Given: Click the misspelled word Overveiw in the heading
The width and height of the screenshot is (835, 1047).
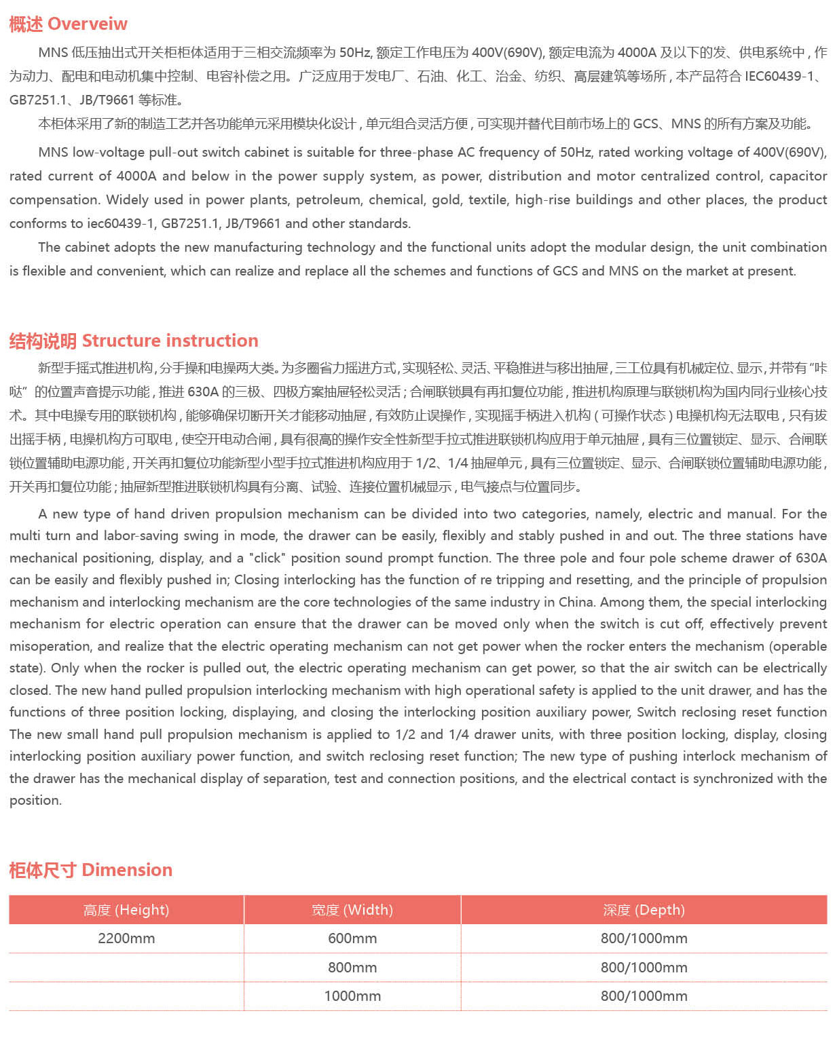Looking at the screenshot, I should pyautogui.click(x=88, y=24).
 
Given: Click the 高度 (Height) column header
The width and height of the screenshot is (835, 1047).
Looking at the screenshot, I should pyautogui.click(x=126, y=910).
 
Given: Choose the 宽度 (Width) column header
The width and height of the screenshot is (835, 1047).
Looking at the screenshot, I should pyautogui.click(x=352, y=910).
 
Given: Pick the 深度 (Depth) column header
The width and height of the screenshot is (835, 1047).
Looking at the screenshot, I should pyautogui.click(x=644, y=910).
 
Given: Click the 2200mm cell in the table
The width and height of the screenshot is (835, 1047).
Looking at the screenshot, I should pyautogui.click(x=126, y=938).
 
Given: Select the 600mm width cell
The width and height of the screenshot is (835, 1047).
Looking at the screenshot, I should pyautogui.click(x=352, y=938).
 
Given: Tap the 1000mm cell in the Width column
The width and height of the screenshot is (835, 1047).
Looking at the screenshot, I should pyautogui.click(x=352, y=996).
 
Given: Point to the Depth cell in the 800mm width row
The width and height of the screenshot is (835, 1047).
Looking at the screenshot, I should pyautogui.click(x=644, y=968).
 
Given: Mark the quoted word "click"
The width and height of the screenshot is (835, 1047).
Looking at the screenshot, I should pyautogui.click(x=267, y=558).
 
